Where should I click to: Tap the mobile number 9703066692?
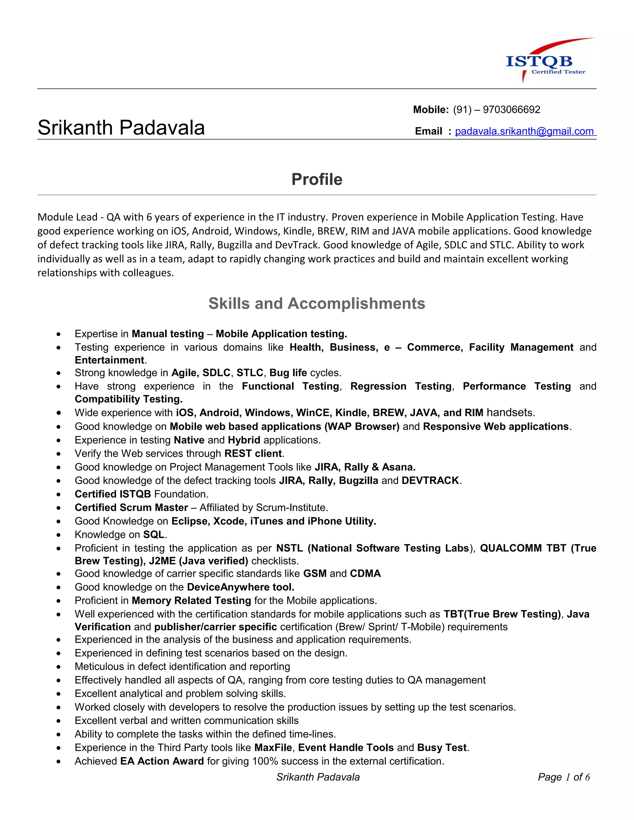[511, 110]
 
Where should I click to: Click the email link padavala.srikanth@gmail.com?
[524, 132]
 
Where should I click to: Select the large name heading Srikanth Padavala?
[121, 128]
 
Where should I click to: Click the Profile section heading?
[317, 179]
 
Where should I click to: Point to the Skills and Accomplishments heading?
[317, 303]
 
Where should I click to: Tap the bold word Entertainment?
[109, 360]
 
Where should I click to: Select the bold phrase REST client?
[253, 454]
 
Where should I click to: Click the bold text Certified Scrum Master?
[131, 507]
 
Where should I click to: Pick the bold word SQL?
[154, 535]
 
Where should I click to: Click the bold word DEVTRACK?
[430, 481]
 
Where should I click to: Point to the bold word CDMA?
[365, 573]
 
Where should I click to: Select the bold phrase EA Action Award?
[162, 761]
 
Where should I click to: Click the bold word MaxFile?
[273, 748]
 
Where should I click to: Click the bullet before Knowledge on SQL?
[59, 535]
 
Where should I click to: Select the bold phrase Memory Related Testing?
[191, 600]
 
